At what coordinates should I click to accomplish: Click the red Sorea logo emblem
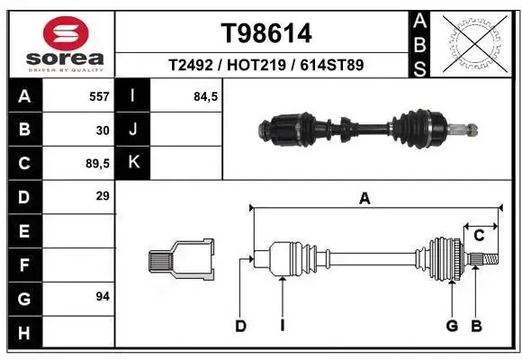pyautogui.click(x=66, y=33)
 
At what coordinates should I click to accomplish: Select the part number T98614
pyautogui.click(x=266, y=33)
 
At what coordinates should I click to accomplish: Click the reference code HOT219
pyautogui.click(x=256, y=65)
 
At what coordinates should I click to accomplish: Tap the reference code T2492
pyautogui.click(x=191, y=65)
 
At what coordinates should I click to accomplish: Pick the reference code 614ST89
pyautogui.click(x=332, y=65)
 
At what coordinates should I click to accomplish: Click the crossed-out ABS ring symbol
pyautogui.click(x=474, y=44)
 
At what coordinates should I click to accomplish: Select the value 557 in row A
pyautogui.click(x=99, y=96)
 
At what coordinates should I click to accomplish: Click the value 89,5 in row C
pyautogui.click(x=97, y=164)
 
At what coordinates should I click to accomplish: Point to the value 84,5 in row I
pyautogui.click(x=206, y=96)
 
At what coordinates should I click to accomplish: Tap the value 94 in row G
pyautogui.click(x=103, y=296)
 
